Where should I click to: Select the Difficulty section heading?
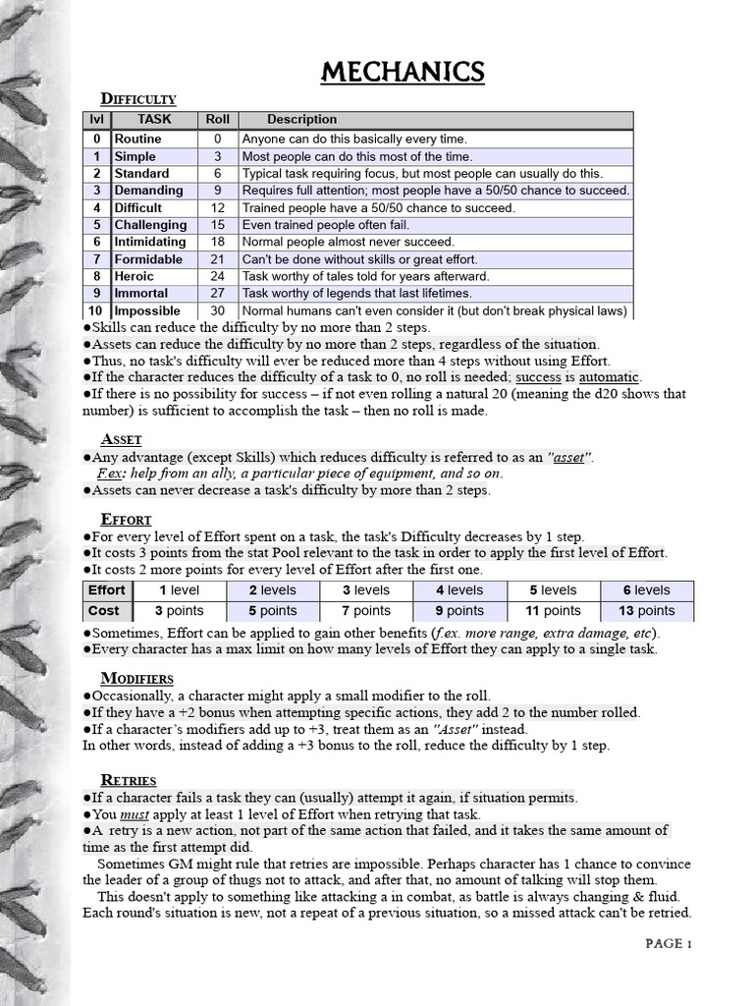coord(139,99)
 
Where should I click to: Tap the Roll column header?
coord(217,120)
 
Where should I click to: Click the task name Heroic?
coord(135,276)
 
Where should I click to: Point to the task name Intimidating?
coord(150,242)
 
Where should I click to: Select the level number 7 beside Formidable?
coord(97,259)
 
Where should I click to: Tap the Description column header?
coord(302,120)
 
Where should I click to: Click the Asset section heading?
coord(122,439)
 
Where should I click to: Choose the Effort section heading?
coord(126,519)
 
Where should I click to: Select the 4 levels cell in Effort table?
coord(459,590)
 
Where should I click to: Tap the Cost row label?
coord(105,611)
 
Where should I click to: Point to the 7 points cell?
coord(365,611)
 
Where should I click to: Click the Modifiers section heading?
coord(137,679)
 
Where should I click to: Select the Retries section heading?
coord(129,780)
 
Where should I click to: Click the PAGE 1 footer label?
coord(669,944)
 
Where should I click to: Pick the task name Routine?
coord(138,140)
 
